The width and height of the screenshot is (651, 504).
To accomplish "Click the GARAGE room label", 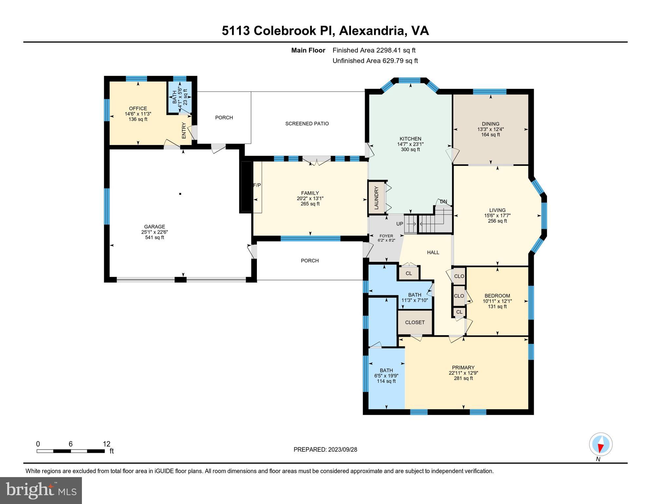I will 154,226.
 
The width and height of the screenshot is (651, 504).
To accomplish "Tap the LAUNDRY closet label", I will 376,198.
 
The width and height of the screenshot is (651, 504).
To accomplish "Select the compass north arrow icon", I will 601,445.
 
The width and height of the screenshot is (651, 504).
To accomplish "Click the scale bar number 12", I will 106,444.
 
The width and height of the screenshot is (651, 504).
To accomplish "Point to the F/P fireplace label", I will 257,185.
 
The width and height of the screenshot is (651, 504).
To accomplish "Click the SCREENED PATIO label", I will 307,124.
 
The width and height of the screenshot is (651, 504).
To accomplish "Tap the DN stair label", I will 443,201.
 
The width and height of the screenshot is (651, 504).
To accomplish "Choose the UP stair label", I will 400,224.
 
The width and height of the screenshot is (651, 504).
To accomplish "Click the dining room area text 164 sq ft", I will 490,135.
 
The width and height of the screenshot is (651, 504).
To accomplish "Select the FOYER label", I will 386,236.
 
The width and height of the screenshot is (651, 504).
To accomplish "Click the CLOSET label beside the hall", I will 415,322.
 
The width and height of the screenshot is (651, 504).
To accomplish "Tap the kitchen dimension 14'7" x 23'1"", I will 411,144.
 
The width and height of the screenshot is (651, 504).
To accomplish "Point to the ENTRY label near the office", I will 184,131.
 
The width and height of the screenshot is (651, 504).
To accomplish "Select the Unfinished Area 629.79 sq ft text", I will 375,61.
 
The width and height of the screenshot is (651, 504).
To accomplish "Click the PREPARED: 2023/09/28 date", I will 325,450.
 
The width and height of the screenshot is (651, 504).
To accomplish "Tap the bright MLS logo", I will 41,490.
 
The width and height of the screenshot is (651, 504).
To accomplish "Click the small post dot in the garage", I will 180,194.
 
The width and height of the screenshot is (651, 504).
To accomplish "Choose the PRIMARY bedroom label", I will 463,367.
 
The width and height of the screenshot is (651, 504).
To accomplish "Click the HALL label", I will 433,252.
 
